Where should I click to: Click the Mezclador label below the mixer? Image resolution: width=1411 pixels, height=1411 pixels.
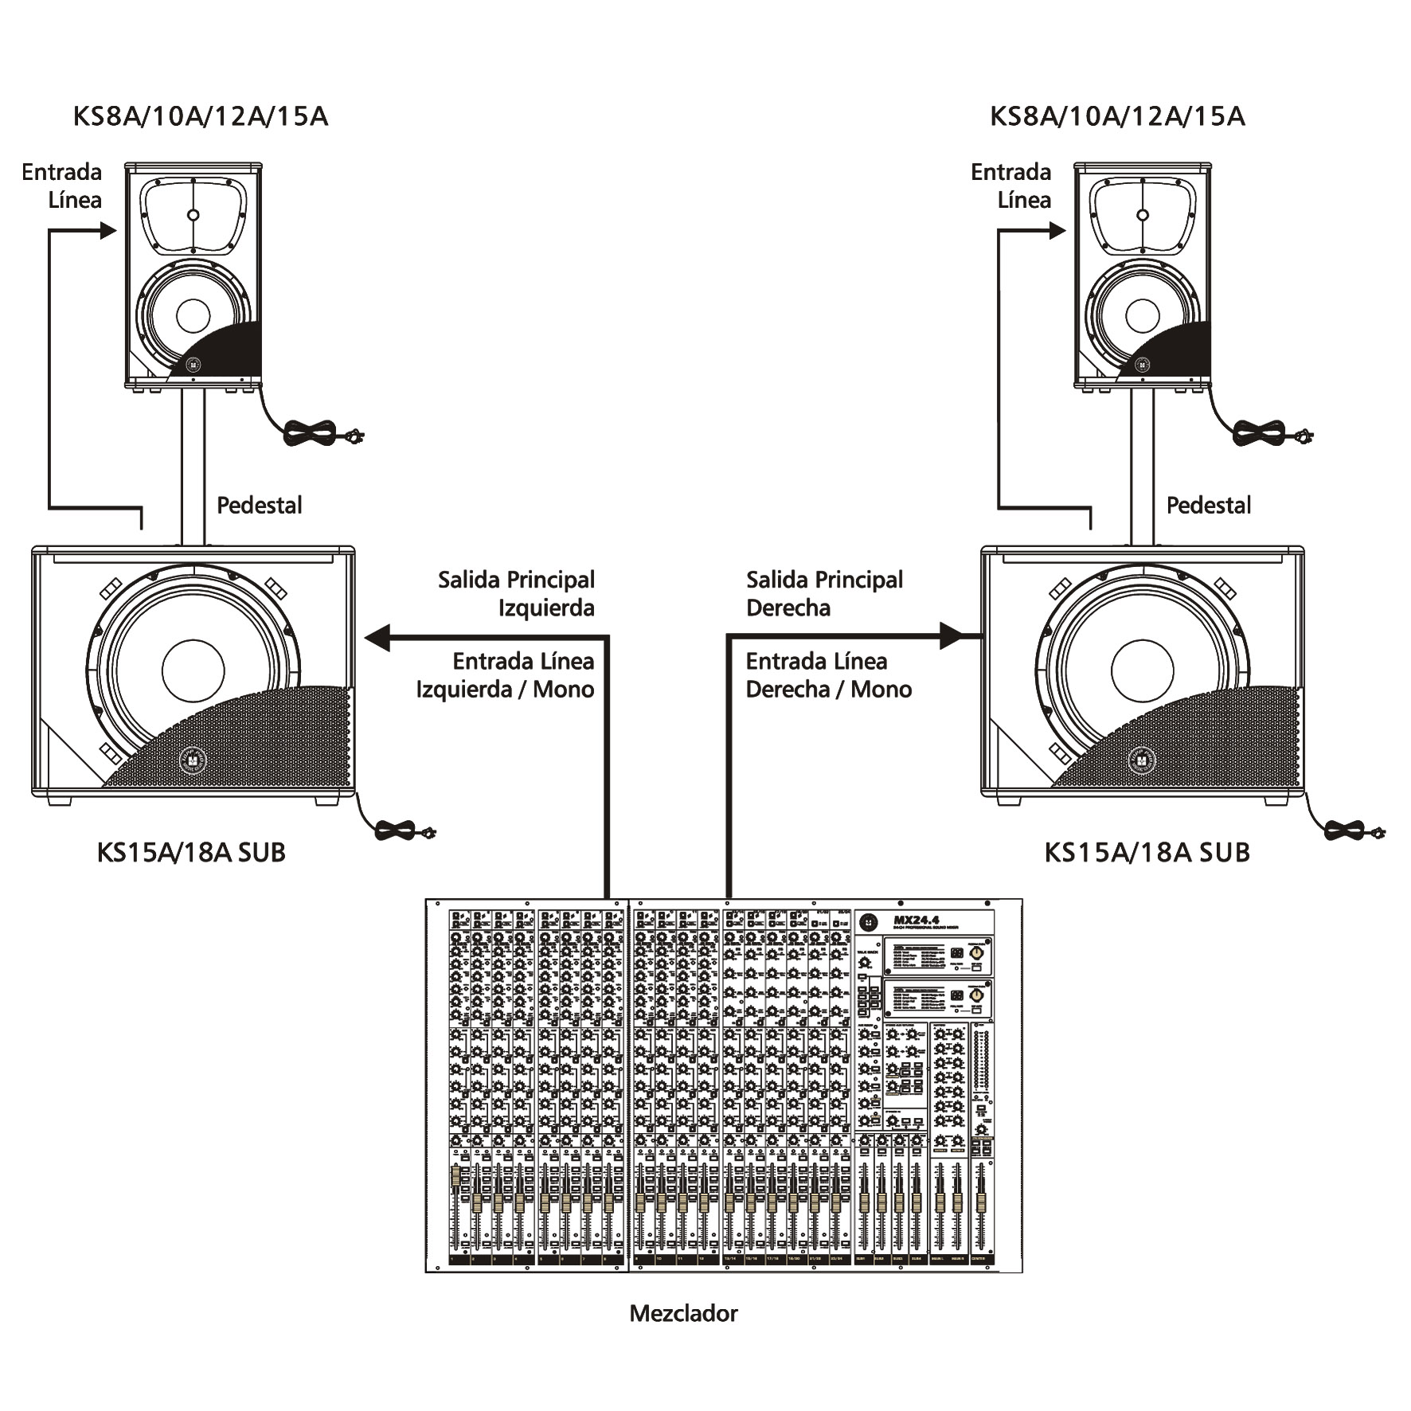(x=683, y=1313)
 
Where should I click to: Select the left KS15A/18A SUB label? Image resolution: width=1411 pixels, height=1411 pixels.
(x=191, y=852)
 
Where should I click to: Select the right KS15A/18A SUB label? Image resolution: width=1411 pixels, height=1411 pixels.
(x=1147, y=852)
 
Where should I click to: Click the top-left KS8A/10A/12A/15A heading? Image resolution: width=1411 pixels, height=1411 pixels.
(x=201, y=116)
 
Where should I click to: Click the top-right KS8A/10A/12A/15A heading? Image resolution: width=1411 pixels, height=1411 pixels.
(x=1117, y=116)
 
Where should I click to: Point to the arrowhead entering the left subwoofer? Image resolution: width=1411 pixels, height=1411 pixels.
(x=377, y=637)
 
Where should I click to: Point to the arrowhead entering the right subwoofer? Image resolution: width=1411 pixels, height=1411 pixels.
(x=952, y=636)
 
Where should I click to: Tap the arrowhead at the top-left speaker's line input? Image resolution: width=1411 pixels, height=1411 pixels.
(x=108, y=231)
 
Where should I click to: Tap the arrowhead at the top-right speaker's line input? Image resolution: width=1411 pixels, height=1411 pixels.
(x=1057, y=231)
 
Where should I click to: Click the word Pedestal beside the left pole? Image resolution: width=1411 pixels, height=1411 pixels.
(x=260, y=505)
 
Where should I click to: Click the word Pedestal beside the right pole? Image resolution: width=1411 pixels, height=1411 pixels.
(x=1209, y=505)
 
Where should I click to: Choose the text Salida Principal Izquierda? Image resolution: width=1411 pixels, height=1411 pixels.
(x=517, y=593)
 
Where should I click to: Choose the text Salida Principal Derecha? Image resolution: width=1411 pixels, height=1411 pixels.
(x=824, y=593)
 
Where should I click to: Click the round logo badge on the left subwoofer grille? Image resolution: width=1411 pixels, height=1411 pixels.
(x=193, y=760)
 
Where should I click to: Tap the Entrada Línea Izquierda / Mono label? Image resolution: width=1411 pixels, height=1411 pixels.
(x=506, y=674)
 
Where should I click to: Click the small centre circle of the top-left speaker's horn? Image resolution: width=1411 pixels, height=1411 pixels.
(x=193, y=215)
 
